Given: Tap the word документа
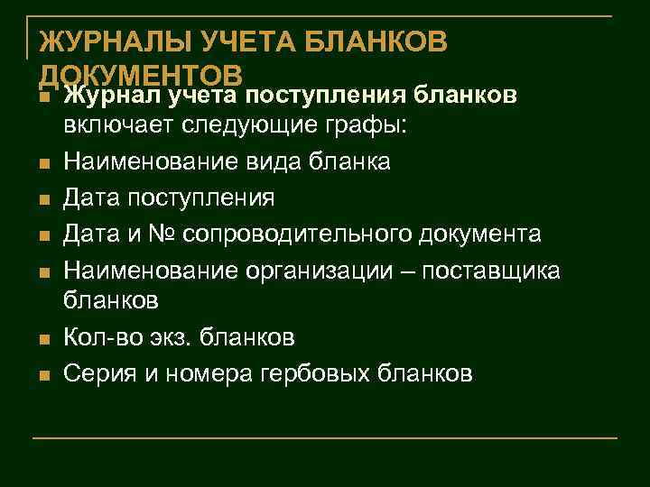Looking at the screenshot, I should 482,234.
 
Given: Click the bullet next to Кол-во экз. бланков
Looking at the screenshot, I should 42,340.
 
